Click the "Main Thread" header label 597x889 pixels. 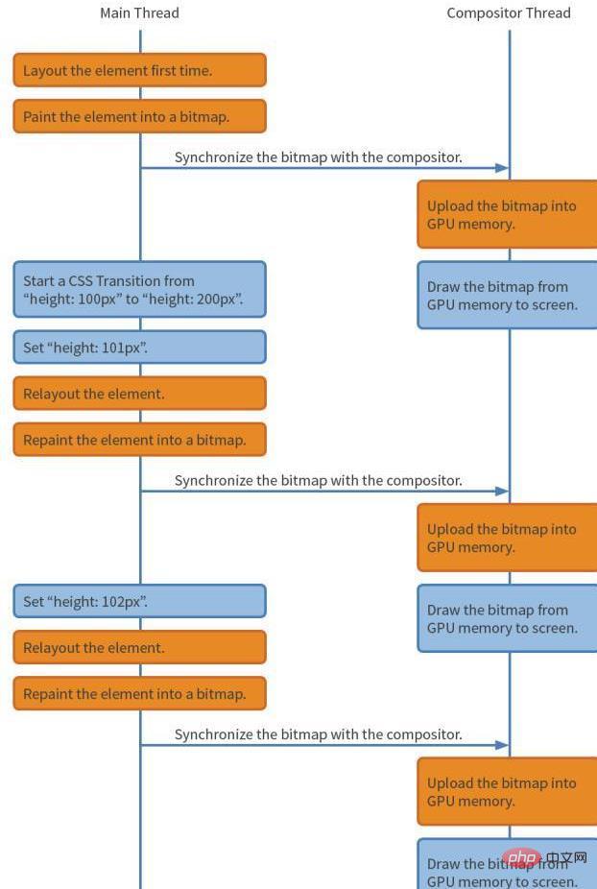pyautogui.click(x=139, y=13)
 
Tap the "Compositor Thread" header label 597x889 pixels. pyautogui.click(x=509, y=13)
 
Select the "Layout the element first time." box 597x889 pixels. pyautogui.click(x=139, y=70)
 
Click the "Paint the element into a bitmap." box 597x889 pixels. pyautogui.click(x=139, y=116)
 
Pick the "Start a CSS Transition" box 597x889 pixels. pyautogui.click(x=139, y=290)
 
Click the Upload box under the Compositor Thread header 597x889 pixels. pyautogui.click(x=507, y=214)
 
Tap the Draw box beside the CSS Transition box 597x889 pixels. pyautogui.click(x=507, y=296)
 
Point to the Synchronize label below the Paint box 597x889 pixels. pyautogui.click(x=318, y=156)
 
